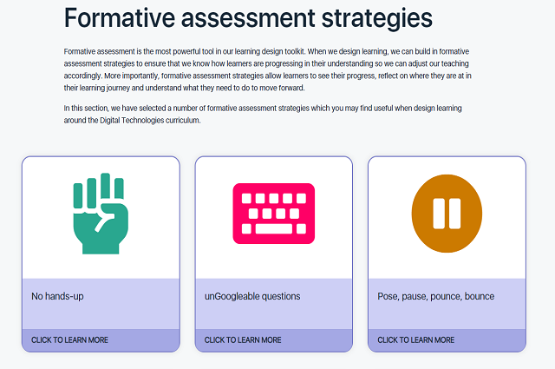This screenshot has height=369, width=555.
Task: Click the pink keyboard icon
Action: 273,213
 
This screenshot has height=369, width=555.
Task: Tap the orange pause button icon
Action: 446,213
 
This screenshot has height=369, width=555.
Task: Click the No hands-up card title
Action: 57,296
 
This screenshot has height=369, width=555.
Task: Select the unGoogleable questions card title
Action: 252,296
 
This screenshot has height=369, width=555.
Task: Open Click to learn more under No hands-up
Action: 69,340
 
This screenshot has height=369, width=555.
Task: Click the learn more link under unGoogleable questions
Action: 243,340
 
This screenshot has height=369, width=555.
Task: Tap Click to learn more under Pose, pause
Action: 415,340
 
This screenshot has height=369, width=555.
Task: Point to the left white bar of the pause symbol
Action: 438,213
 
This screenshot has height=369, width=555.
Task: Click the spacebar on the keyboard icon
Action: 274,230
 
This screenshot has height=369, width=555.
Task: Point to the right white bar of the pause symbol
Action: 454,213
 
